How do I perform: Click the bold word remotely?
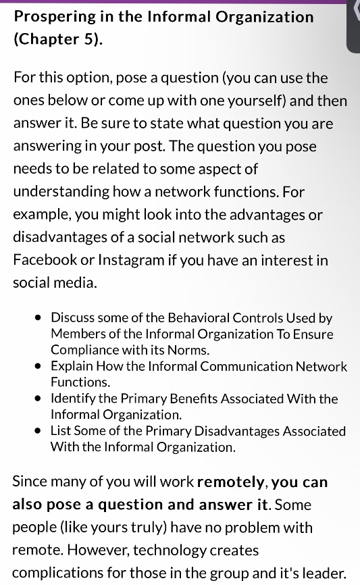coord(231,482)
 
